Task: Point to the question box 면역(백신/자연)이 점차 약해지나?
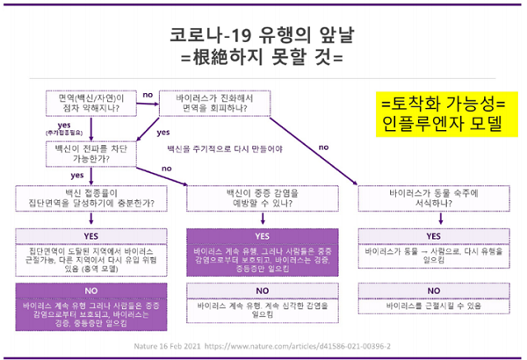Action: pyautogui.click(x=90, y=103)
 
